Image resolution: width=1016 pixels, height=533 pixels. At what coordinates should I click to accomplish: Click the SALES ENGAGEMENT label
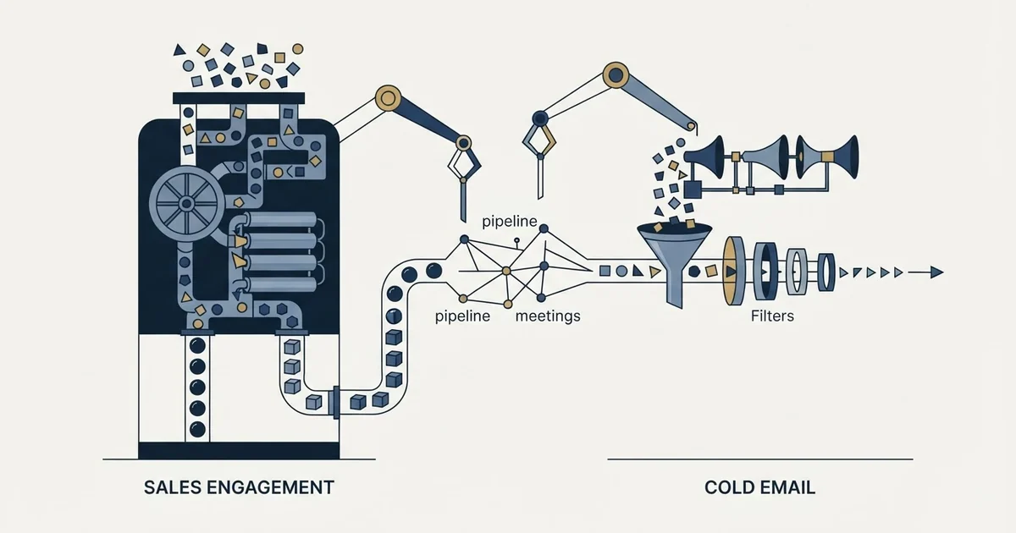click(x=239, y=487)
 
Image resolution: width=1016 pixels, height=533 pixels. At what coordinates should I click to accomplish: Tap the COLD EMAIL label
click(x=759, y=487)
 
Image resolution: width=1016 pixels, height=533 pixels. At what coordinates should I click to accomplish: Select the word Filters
click(x=772, y=316)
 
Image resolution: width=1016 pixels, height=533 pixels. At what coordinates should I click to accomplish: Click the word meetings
click(x=548, y=316)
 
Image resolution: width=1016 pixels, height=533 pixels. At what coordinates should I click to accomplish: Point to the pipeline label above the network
click(x=510, y=222)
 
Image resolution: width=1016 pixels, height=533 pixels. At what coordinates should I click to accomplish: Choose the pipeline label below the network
click(x=462, y=316)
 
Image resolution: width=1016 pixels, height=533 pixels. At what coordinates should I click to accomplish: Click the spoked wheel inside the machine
click(x=187, y=204)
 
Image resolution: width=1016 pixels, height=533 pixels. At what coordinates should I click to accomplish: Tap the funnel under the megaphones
click(x=675, y=263)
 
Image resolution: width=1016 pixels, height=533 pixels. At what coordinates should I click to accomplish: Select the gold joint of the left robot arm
click(x=389, y=98)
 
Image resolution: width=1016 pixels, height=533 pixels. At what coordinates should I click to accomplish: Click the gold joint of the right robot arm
click(x=616, y=74)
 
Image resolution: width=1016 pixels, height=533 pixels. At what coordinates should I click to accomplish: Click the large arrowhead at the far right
click(x=936, y=272)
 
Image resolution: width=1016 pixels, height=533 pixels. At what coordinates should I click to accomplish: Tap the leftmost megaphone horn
click(x=707, y=157)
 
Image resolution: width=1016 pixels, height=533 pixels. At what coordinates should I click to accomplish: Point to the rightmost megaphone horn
click(x=842, y=157)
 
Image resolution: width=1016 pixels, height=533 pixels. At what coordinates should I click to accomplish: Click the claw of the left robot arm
click(x=464, y=167)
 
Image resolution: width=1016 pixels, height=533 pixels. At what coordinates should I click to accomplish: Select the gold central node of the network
click(x=506, y=271)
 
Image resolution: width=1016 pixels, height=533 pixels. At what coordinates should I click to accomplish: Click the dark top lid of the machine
click(x=239, y=98)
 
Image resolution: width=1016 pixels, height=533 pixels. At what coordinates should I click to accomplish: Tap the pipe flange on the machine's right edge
click(x=336, y=403)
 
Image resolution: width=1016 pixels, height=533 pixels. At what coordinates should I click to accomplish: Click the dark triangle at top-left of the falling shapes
click(x=179, y=50)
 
